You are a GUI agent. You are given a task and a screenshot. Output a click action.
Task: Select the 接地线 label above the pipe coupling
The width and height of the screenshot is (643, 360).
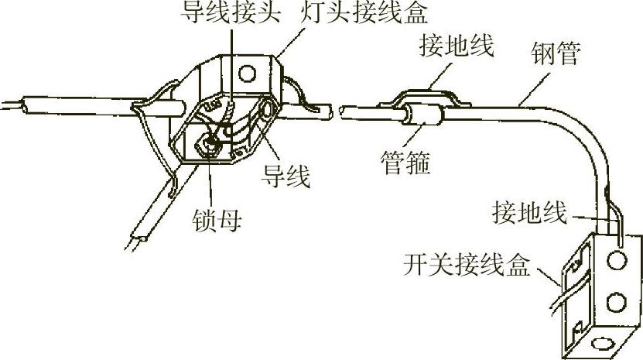click(x=456, y=46)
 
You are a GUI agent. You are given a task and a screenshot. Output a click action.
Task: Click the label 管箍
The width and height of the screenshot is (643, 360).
click(x=405, y=163)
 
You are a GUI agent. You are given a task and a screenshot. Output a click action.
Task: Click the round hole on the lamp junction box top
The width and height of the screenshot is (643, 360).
click(x=248, y=72)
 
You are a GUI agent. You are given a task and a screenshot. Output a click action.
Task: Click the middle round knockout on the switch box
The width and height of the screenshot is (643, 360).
click(x=616, y=299)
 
